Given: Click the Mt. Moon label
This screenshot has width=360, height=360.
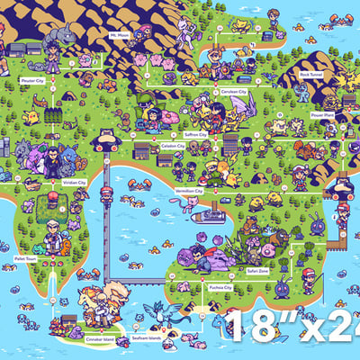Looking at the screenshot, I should coord(120,35).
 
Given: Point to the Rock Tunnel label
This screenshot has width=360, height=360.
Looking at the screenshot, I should coord(311,75).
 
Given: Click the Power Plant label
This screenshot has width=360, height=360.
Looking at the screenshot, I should coord(321,114).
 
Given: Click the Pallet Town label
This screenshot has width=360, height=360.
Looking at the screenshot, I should coord(25,256).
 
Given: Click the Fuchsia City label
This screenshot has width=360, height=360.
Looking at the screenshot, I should coord(220,288).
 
